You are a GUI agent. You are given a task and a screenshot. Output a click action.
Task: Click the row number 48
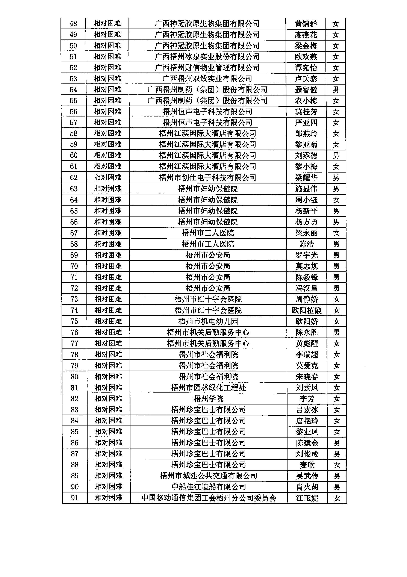[x=73, y=24]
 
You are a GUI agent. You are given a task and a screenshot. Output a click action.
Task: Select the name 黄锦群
[x=306, y=24]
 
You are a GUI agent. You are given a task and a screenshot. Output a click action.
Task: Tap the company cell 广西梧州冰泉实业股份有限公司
[x=207, y=57]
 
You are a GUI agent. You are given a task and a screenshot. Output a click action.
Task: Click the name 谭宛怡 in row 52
[x=306, y=68]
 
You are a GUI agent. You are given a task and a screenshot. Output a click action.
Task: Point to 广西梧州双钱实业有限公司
[x=207, y=79]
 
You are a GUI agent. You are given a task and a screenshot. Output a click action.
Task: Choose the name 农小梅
[x=306, y=101]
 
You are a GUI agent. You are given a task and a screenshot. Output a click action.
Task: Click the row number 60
[x=74, y=155]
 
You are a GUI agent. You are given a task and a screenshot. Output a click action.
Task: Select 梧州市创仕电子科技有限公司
[x=207, y=178]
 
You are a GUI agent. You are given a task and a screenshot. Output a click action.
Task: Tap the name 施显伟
[x=306, y=189]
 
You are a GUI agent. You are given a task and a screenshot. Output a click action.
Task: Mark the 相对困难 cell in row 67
[x=108, y=233]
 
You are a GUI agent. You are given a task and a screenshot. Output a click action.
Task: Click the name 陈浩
[x=307, y=244]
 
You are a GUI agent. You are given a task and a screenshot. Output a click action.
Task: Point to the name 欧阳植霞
[x=307, y=310]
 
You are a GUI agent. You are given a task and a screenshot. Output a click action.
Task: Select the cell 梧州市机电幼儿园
[x=208, y=321]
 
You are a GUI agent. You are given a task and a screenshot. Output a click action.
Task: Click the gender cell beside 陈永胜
[x=336, y=332]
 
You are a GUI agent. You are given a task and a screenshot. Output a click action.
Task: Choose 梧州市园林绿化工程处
[x=208, y=388]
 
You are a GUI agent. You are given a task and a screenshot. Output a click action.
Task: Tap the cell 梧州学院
[x=208, y=399]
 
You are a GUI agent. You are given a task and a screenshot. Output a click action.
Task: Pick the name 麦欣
[x=307, y=465]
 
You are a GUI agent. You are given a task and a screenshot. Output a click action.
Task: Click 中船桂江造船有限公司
[x=209, y=487]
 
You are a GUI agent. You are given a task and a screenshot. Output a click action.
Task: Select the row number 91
[x=75, y=498]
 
